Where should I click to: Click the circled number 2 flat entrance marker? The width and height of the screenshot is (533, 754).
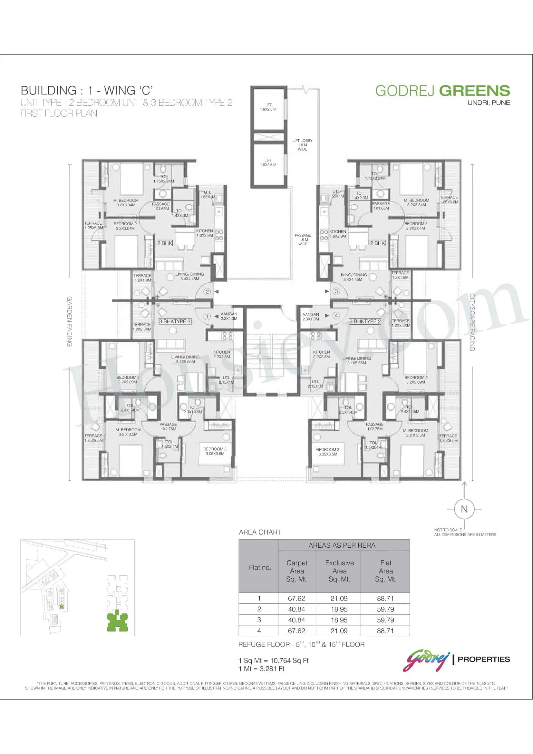coord(207,291)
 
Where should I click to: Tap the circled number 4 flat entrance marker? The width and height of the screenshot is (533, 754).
coord(336,316)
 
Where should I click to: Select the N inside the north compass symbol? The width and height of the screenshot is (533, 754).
coord(464,509)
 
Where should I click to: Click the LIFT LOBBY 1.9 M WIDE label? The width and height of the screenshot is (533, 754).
coord(302,145)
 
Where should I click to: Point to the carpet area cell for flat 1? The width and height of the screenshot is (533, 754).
coord(296,598)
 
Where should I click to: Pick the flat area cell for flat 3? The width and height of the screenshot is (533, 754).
coord(385,620)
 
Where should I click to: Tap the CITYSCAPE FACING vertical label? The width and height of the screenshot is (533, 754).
coord(472,322)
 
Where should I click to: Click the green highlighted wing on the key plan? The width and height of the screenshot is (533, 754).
coord(118,621)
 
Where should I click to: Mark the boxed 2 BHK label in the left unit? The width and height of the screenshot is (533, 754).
coord(165,243)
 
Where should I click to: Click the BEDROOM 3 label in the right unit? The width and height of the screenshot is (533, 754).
coord(327,452)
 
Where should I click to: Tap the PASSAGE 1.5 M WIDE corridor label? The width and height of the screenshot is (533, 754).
coord(303,240)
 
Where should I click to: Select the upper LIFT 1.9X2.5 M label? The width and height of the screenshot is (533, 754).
coord(268,107)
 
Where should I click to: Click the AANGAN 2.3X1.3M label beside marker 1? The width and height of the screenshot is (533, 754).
coord(229,316)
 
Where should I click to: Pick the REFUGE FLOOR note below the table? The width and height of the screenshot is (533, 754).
coord(301,644)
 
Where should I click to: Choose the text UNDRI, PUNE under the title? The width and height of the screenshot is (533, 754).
coord(489,103)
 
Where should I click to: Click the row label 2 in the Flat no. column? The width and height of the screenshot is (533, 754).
coord(259,609)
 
